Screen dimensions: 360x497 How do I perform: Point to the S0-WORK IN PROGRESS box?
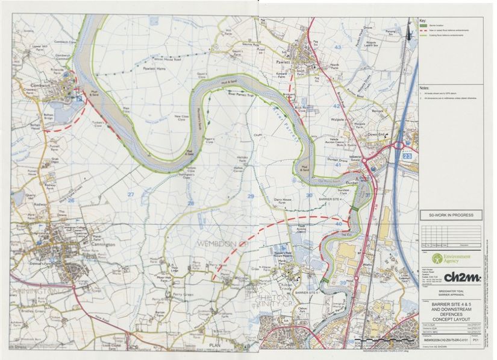451,215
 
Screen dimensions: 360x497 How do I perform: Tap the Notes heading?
425,89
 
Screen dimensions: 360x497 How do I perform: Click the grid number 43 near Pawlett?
337,46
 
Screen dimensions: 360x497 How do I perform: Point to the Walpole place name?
337,120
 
